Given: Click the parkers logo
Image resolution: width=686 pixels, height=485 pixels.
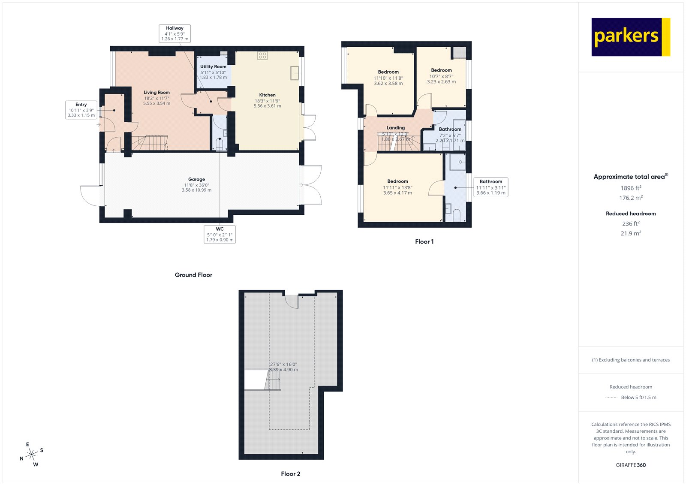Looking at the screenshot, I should (630, 37).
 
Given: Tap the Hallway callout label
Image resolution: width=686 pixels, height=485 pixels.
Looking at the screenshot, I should (175, 33).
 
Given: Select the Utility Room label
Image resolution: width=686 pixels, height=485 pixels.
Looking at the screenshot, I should (213, 67).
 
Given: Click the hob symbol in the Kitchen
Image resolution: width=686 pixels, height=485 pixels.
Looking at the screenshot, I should (262, 55).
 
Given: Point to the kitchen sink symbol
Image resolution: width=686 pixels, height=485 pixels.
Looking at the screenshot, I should (295, 72).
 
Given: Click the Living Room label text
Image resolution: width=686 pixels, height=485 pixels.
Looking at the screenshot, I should (156, 93).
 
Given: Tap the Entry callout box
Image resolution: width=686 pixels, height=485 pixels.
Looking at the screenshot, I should (81, 110).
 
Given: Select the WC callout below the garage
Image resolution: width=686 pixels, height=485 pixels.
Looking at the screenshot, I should (220, 234).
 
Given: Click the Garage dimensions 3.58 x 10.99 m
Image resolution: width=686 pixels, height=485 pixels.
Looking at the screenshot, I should (196, 190).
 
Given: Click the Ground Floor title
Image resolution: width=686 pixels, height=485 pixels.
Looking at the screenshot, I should (193, 275).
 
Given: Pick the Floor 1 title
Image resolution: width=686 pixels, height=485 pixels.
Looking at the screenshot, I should (424, 242).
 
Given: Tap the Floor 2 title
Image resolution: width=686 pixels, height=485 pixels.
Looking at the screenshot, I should (290, 474).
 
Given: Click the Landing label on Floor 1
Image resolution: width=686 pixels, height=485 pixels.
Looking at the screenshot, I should (395, 128).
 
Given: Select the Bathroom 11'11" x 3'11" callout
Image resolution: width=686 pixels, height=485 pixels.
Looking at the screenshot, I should (491, 187).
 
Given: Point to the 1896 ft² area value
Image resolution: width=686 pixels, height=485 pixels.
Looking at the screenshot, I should (631, 188).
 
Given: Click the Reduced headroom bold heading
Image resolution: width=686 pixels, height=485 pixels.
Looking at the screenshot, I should (631, 214).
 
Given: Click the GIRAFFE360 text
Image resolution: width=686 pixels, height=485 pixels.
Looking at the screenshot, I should (631, 465).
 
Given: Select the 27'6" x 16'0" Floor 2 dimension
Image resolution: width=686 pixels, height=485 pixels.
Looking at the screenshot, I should (283, 364).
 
